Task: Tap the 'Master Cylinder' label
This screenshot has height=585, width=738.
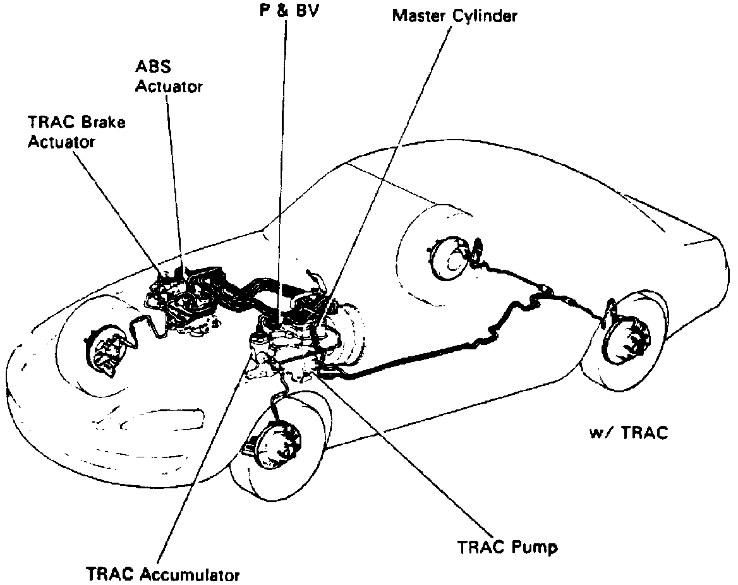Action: (455, 16)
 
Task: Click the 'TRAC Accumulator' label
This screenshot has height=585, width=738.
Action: (163, 574)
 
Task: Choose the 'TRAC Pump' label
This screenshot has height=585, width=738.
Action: (508, 546)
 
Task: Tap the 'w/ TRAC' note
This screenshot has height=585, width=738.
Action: (628, 433)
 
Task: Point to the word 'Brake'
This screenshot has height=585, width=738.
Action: (104, 122)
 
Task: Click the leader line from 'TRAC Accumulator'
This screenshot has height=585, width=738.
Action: (202, 467)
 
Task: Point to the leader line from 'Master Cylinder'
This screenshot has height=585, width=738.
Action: (392, 158)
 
